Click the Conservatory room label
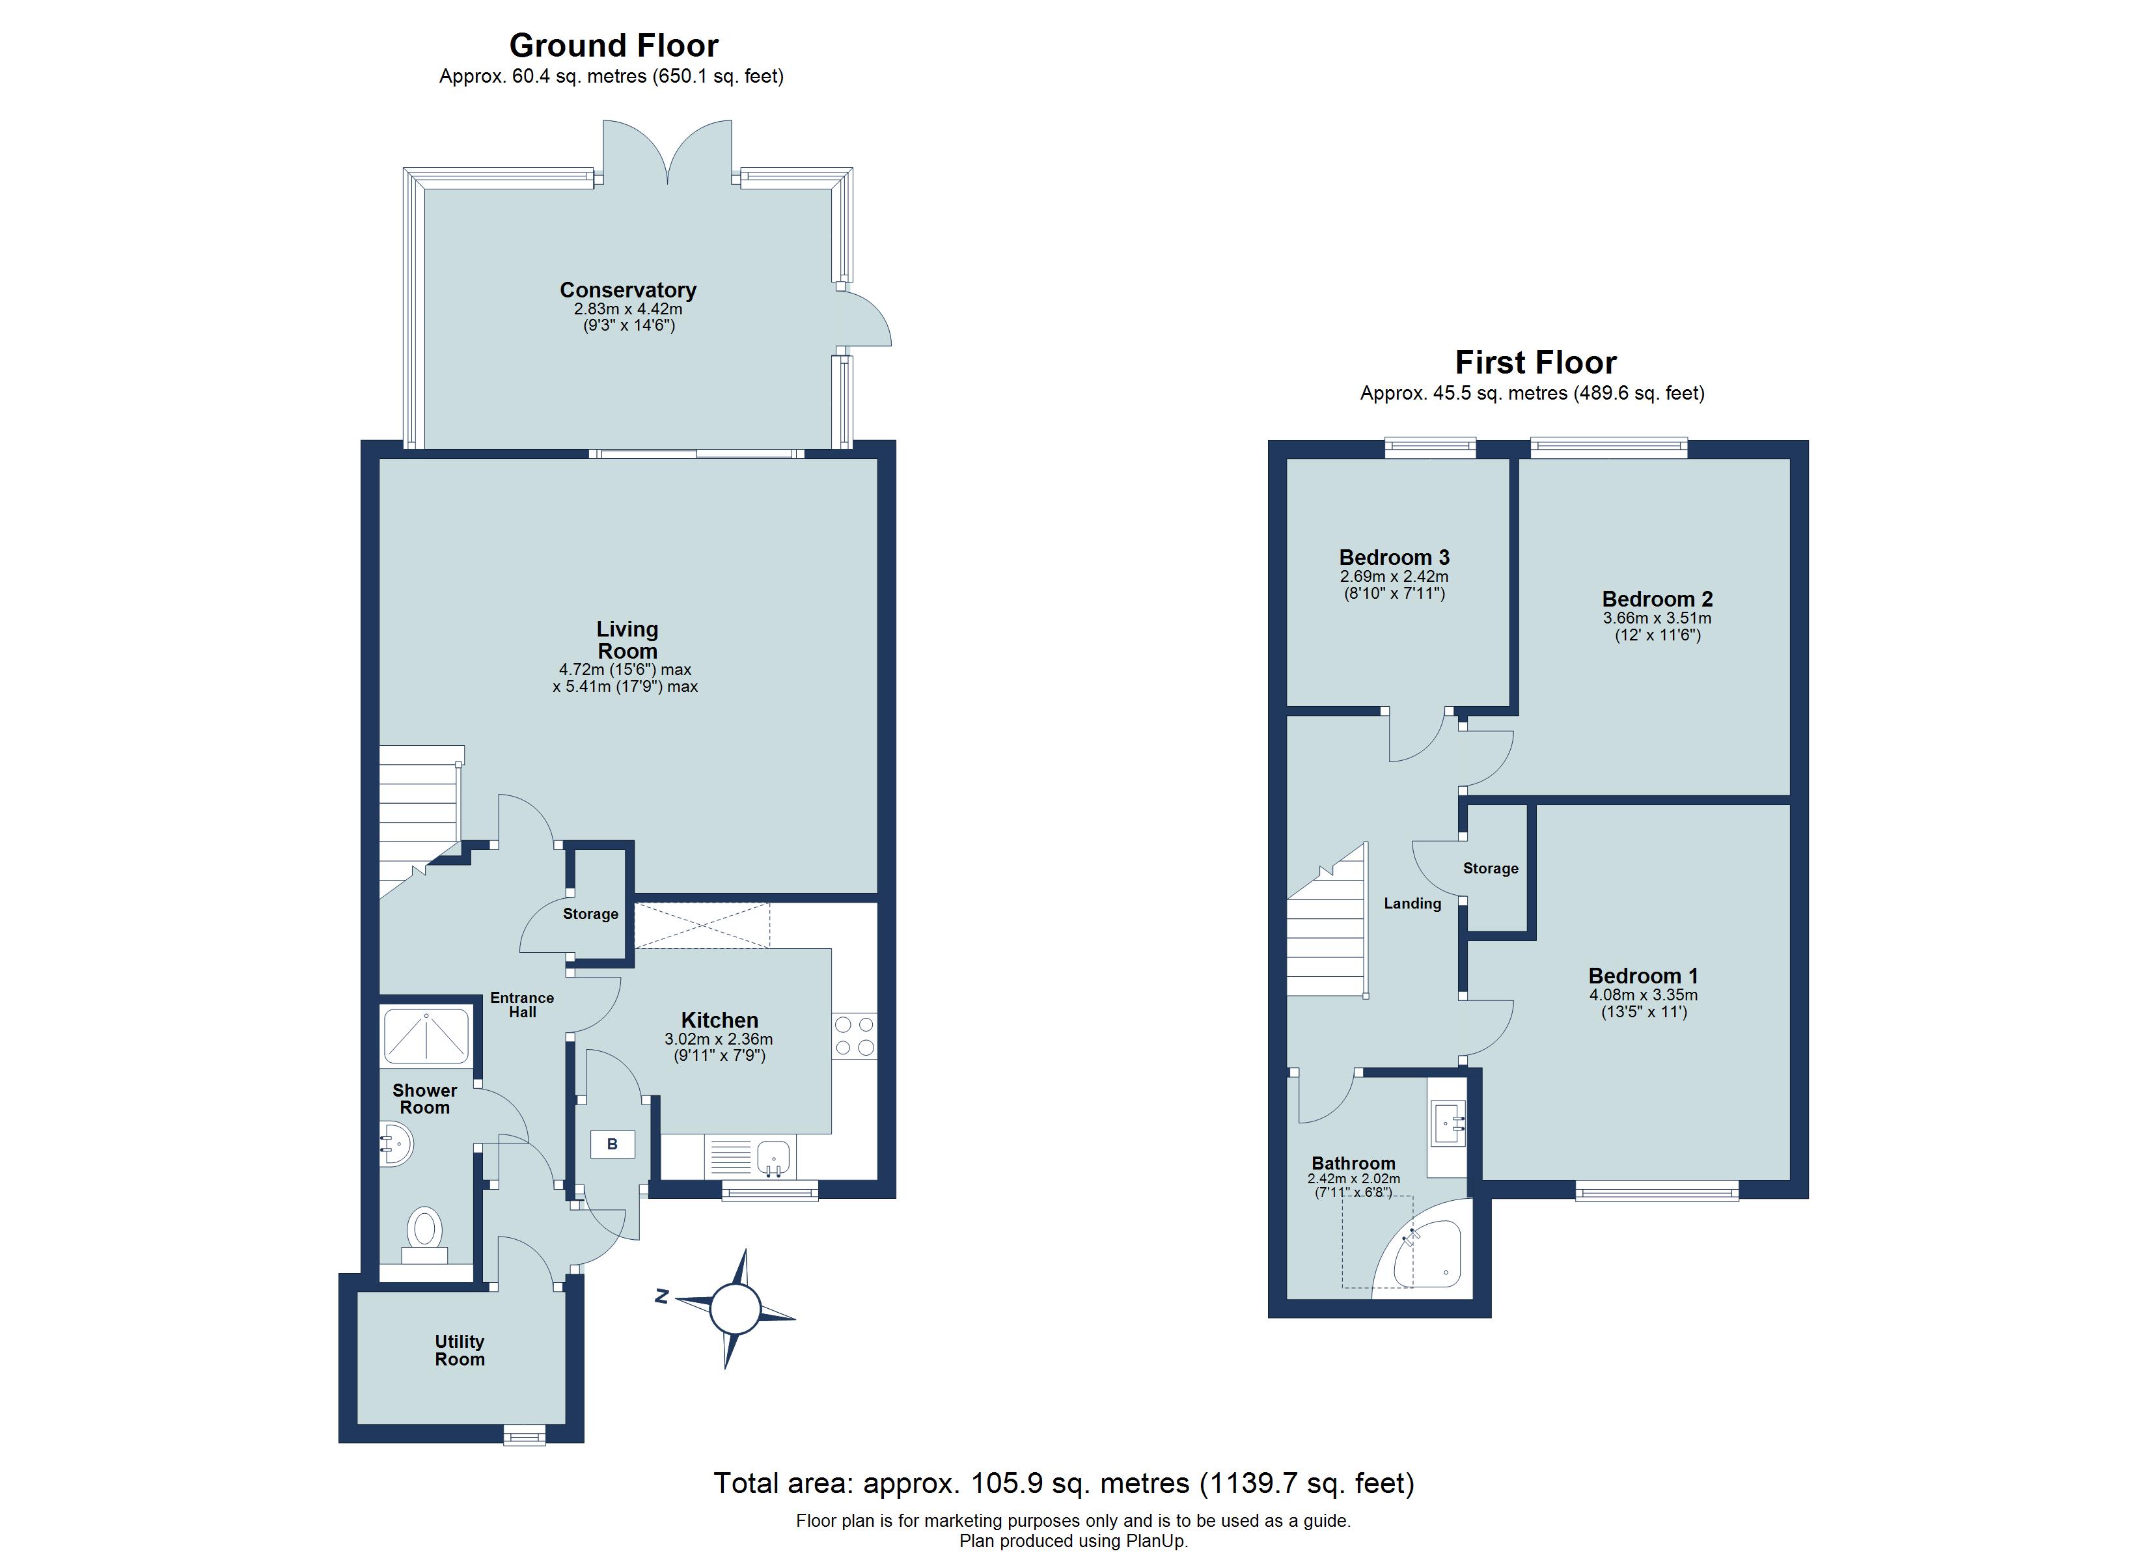(x=628, y=290)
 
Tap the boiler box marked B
(x=612, y=1144)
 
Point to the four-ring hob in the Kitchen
(x=853, y=1036)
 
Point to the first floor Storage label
(x=1490, y=869)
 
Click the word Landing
(x=1412, y=903)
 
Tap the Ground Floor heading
(x=614, y=46)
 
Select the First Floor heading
(x=1535, y=363)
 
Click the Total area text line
(x=1064, y=1483)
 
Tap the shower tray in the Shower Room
(x=426, y=1036)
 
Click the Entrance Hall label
(x=522, y=1005)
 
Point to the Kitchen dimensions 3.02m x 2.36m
(x=719, y=1040)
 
